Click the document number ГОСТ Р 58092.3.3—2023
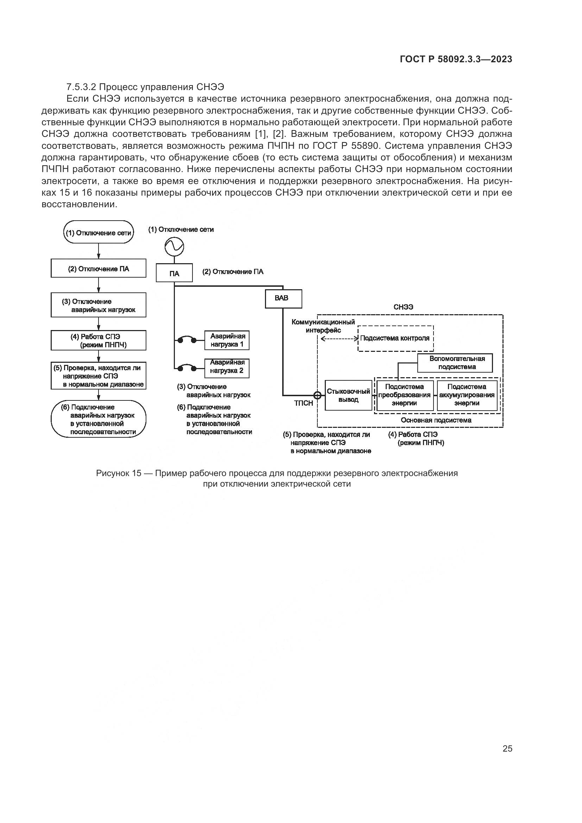tap(456, 59)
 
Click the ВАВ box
tap(283, 299)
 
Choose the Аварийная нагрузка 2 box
tap(227, 368)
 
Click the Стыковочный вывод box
tap(348, 395)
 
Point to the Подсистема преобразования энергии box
tap(404, 395)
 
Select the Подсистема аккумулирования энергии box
tap(467, 395)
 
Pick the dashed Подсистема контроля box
tap(396, 338)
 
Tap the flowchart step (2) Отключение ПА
tap(99, 269)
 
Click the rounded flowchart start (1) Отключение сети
tap(99, 233)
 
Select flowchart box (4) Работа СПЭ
tap(99, 341)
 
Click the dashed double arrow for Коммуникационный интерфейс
tap(339, 339)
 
